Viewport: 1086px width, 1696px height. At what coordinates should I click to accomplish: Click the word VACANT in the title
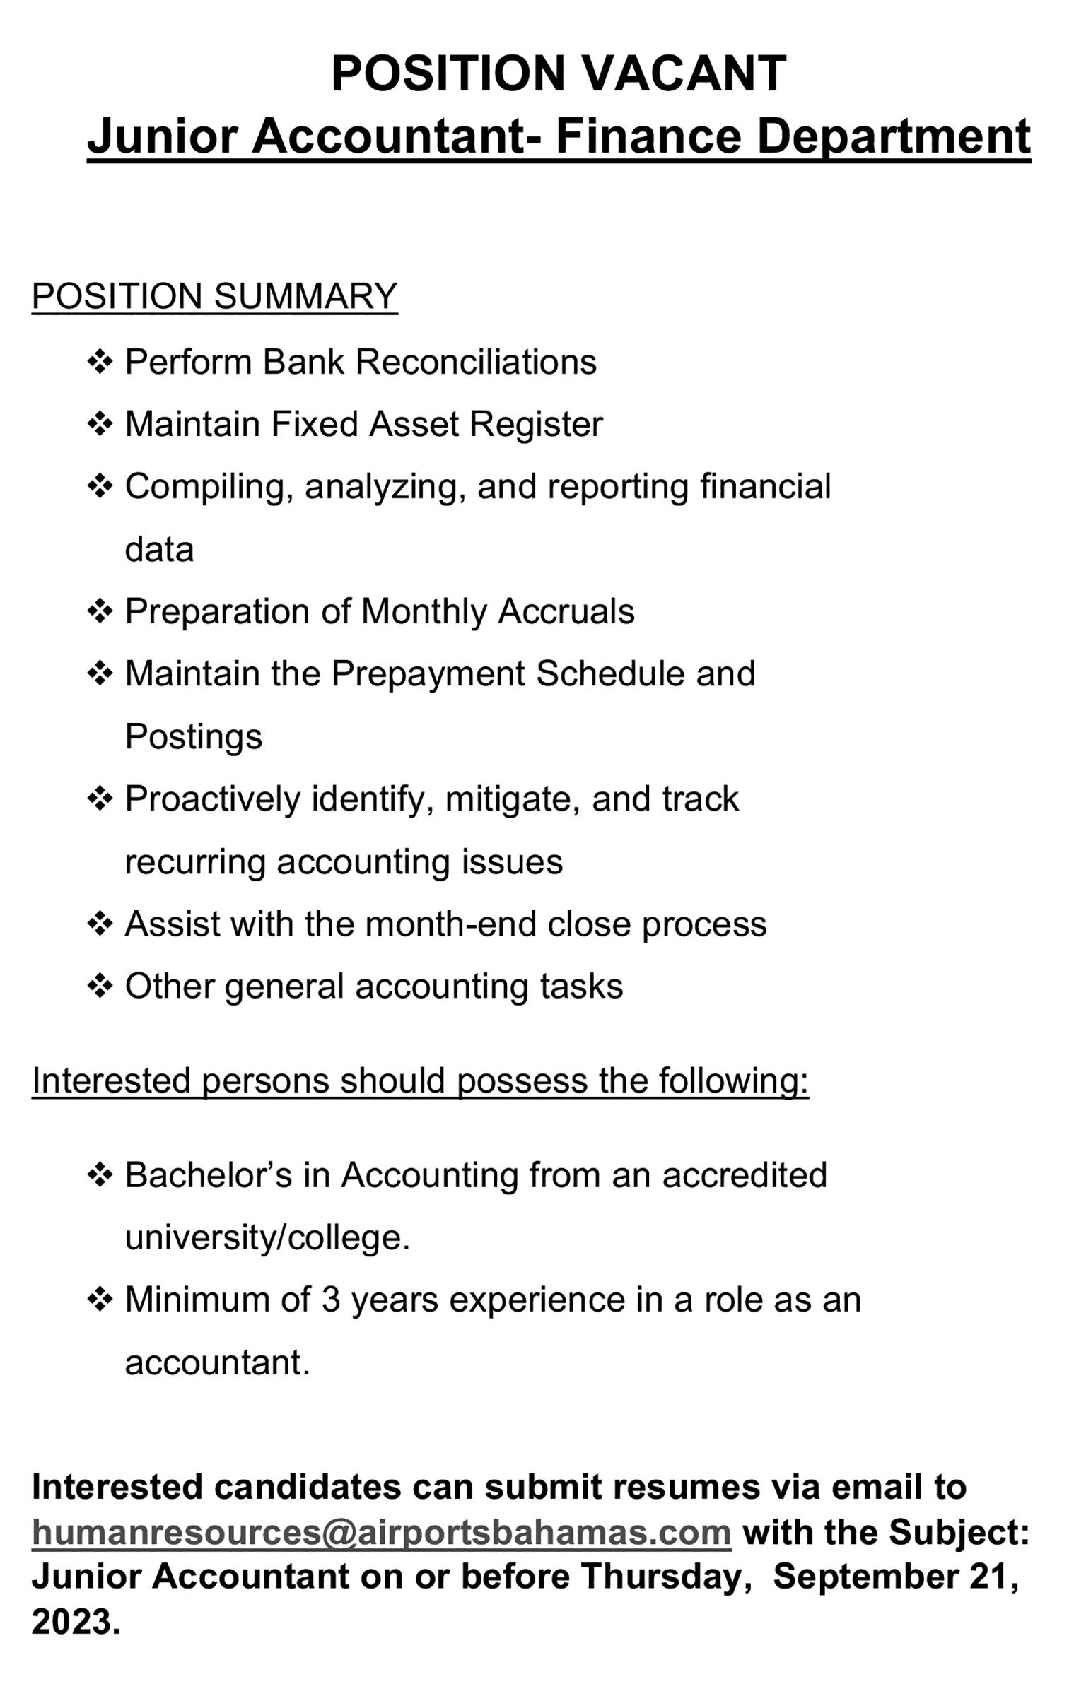684,73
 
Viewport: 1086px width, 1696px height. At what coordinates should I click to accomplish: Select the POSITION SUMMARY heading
214,295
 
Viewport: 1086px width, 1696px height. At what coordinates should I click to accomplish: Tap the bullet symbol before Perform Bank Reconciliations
100,362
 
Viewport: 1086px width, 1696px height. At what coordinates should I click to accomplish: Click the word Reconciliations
476,362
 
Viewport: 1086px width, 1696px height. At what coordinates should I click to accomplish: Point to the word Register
536,424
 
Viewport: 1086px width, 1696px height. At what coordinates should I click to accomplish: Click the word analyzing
385,487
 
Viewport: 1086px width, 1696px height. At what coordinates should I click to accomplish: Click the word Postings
194,736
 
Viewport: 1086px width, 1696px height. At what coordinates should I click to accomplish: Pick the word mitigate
512,799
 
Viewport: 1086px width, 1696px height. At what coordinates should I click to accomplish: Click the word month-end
450,924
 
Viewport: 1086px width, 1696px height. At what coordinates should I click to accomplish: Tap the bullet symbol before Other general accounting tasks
100,986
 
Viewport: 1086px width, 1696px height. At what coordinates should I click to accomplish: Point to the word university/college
267,1237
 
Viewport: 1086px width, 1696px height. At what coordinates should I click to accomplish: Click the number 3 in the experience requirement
331,1300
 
